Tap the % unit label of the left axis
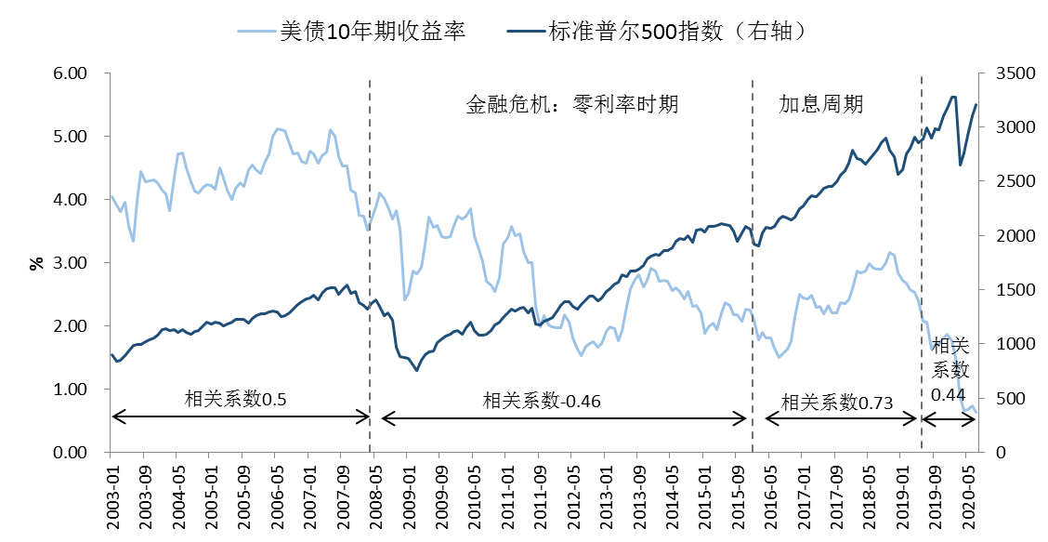(x=37, y=262)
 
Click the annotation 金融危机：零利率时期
(x=571, y=103)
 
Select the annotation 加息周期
(x=820, y=103)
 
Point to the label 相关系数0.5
(x=235, y=400)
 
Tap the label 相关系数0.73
(x=837, y=402)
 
